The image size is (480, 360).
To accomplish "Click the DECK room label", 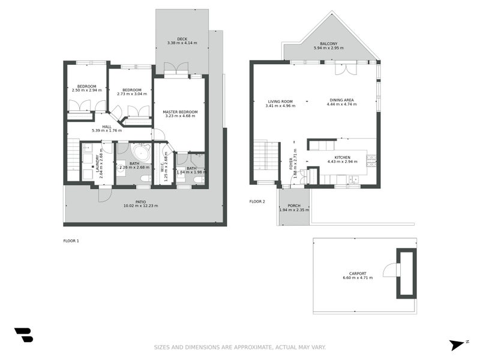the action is pyautogui.click(x=182, y=39).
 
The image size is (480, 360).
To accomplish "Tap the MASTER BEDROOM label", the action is pyautogui.click(x=180, y=112).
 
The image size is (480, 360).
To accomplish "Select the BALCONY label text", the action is pyautogui.click(x=329, y=44).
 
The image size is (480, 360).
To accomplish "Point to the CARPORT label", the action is pyautogui.click(x=358, y=274).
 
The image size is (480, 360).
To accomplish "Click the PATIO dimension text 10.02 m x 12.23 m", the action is pyautogui.click(x=141, y=206).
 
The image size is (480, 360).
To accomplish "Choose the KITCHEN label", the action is pyautogui.click(x=342, y=157).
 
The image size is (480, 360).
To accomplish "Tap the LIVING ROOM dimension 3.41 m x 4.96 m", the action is pyautogui.click(x=280, y=106).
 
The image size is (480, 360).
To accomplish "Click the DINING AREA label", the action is pyautogui.click(x=341, y=100).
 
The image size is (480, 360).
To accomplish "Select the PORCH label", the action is pyautogui.click(x=294, y=206).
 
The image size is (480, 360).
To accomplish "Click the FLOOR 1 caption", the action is pyautogui.click(x=71, y=241).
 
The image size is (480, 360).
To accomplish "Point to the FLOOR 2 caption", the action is pyautogui.click(x=257, y=202).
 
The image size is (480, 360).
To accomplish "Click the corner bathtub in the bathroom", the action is pyautogui.click(x=141, y=152).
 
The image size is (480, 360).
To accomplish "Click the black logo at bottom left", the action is pyautogui.click(x=24, y=335).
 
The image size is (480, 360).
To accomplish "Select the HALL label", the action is pyautogui.click(x=107, y=127).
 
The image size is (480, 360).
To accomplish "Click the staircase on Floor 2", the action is pyautogui.click(x=266, y=155).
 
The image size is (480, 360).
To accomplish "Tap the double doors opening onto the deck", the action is pyautogui.click(x=176, y=68).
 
